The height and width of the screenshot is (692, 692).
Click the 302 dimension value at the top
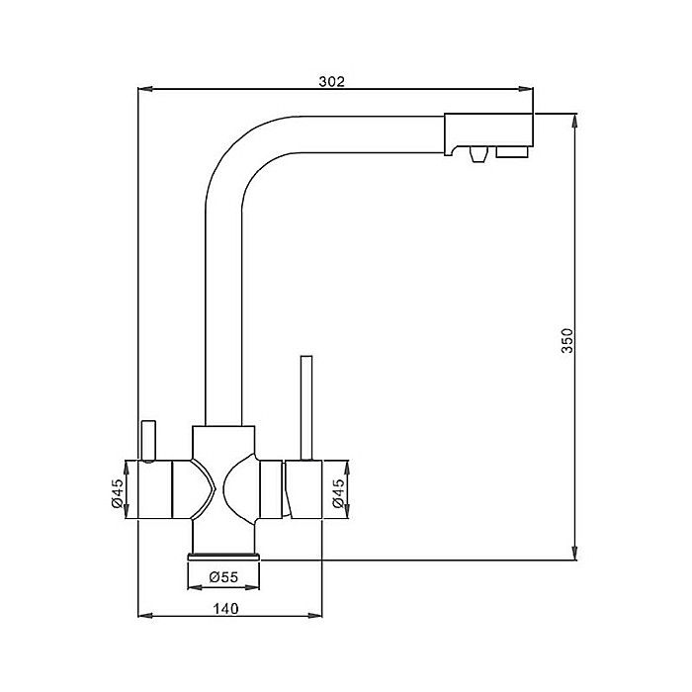coord(332,82)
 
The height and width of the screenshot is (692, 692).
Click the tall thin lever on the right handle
coord(306,405)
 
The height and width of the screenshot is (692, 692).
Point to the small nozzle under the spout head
coord(477,153)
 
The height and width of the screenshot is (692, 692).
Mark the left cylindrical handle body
coord(156,489)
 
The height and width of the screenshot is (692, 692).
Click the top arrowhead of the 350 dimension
coord(574,120)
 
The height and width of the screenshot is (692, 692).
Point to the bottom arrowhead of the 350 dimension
coord(574,555)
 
